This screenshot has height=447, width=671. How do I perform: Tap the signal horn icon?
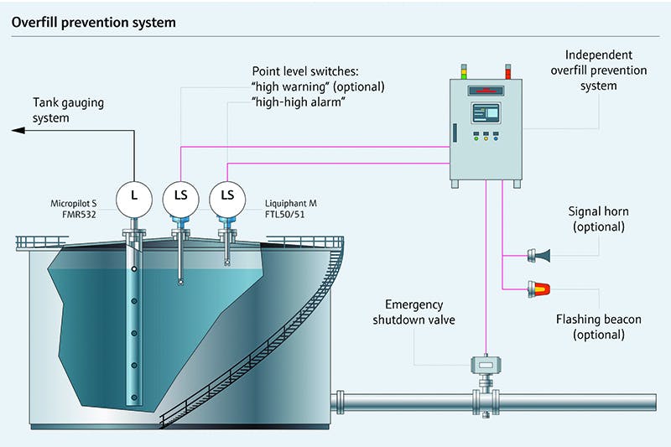pos(538,254)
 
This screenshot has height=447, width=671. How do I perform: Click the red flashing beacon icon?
pos(538,289)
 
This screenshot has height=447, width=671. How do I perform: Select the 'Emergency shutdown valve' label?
pos(419,312)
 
